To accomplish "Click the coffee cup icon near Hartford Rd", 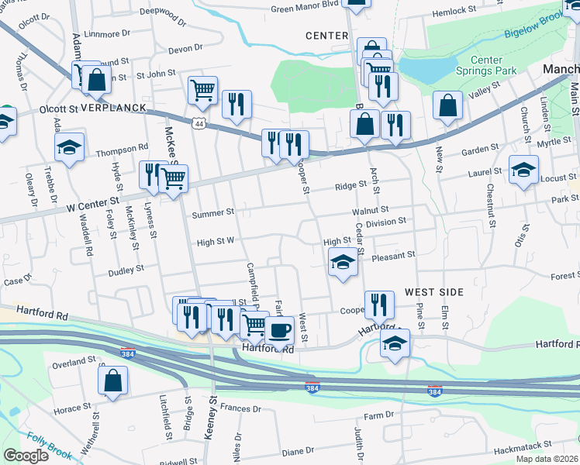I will pyautogui.click(x=279, y=330).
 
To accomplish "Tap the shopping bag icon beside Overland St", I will pyautogui.click(x=113, y=380).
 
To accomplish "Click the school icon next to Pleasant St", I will pyautogui.click(x=343, y=262).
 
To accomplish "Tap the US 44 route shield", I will pyautogui.click(x=199, y=124).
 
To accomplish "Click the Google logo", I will pyautogui.click(x=26, y=456).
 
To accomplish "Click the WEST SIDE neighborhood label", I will pyautogui.click(x=433, y=292).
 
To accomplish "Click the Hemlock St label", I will pyautogui.click(x=454, y=10).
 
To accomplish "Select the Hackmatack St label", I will pyautogui.click(x=523, y=446).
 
